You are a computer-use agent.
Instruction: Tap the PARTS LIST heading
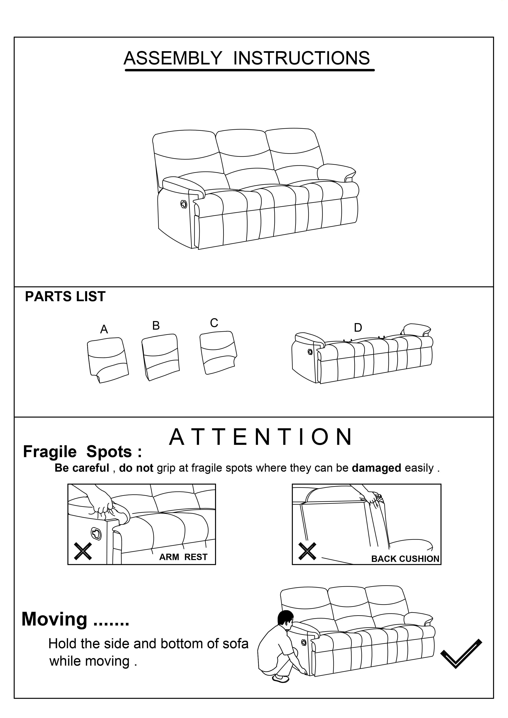pos(65,296)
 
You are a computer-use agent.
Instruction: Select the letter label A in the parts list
pos(104,329)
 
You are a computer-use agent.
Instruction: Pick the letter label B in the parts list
pos(156,326)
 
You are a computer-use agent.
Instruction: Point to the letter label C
pos(214,323)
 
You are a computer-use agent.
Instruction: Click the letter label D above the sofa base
pos(358,328)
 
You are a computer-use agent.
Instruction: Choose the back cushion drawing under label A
pos(108,360)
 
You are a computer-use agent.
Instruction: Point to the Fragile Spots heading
pos(82,452)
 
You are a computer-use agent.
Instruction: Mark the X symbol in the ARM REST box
pos(83,551)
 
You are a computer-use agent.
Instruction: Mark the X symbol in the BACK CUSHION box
pos(307,551)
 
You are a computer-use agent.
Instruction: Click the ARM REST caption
pos(183,557)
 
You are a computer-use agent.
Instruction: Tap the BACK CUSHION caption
pos(405,559)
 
